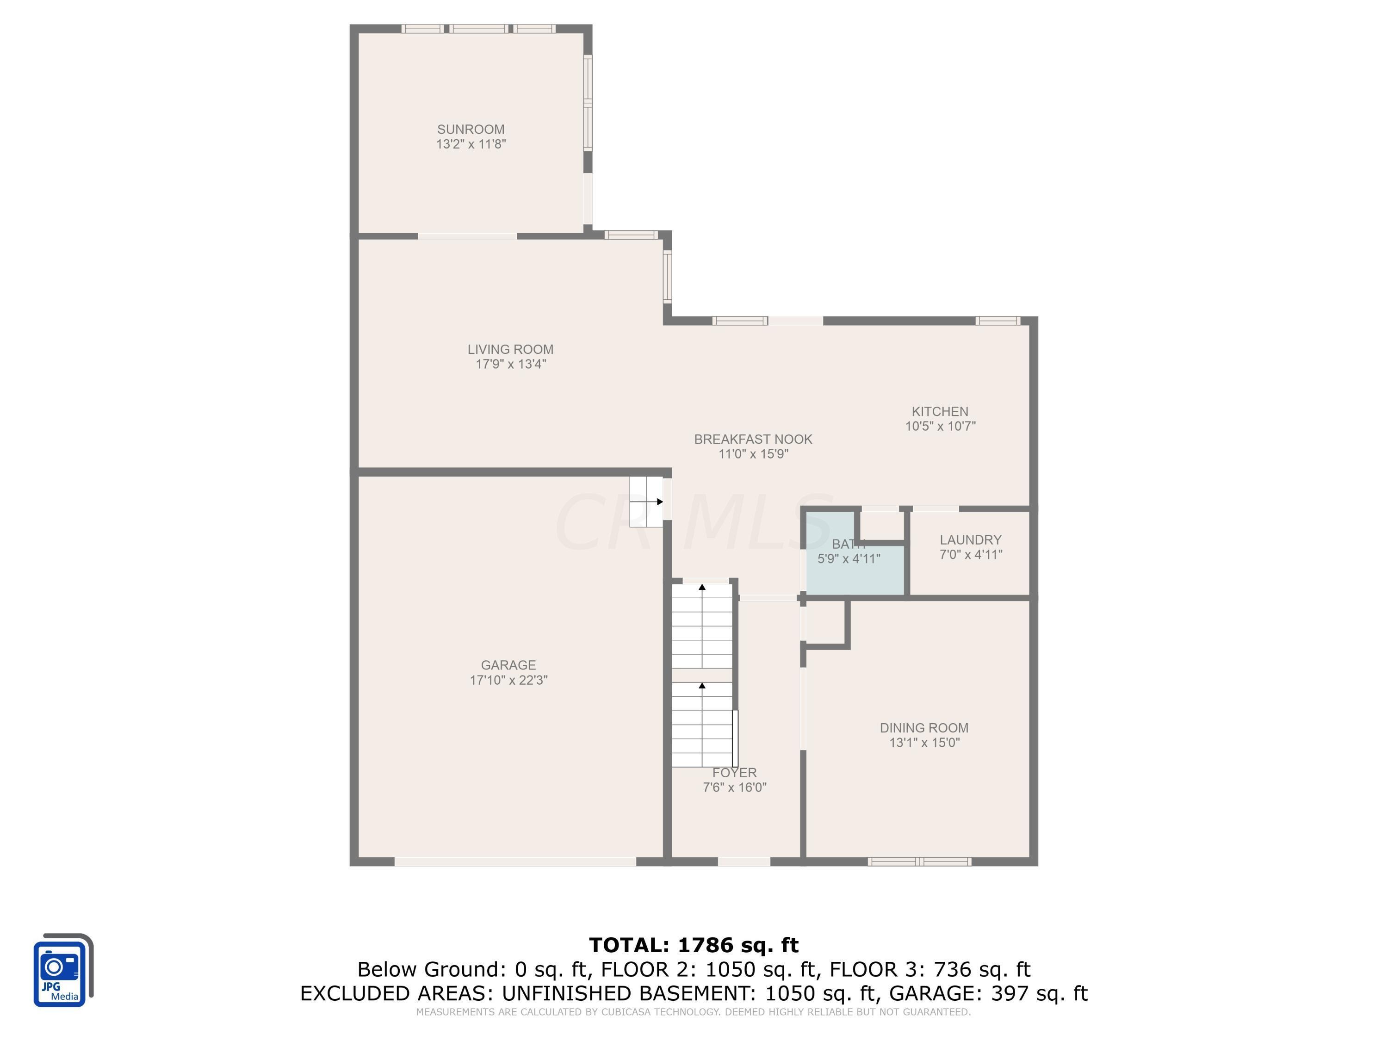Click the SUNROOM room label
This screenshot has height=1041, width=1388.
point(471,129)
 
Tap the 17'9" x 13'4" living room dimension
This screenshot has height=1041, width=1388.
point(510,364)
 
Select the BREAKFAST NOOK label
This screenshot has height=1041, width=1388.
point(752,439)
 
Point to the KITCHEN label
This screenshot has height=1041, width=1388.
point(939,412)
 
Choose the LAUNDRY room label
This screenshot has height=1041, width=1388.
point(970,539)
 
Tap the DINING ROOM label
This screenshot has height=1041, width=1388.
point(923,728)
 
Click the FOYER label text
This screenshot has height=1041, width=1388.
point(734,773)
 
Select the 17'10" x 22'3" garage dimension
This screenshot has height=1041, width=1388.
point(508,680)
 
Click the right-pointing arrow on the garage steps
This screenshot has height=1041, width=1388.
point(659,502)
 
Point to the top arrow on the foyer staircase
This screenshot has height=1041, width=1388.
point(702,587)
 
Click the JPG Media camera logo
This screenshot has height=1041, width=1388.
point(61,971)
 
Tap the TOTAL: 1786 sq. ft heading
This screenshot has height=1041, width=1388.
point(694,945)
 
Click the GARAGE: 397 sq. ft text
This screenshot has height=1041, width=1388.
point(988,993)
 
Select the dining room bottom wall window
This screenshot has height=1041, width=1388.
point(919,861)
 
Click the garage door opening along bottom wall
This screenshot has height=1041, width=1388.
point(514,861)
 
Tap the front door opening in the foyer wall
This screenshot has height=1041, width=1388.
point(744,861)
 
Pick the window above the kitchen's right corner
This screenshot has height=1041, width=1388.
point(997,321)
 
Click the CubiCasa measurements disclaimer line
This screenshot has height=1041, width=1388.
point(694,1011)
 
